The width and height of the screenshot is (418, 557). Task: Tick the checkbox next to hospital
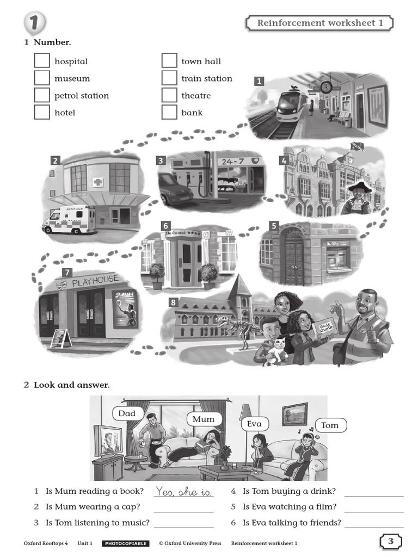(x=42, y=61)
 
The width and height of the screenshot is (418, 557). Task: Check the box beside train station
(x=169, y=78)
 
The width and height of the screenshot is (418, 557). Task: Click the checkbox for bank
(x=169, y=113)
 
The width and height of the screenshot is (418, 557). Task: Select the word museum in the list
(x=72, y=78)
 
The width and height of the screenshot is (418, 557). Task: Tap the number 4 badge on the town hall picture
(x=283, y=160)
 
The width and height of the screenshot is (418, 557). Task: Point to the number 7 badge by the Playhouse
(x=67, y=273)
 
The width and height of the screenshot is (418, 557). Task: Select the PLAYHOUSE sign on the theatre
(x=95, y=280)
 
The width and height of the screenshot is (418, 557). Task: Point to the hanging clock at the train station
(x=326, y=86)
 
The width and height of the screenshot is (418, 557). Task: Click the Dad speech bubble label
(x=127, y=413)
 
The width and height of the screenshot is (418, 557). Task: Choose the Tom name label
(x=330, y=425)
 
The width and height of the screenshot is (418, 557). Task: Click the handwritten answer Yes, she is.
(x=183, y=491)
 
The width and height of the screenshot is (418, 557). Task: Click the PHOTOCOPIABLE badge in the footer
(x=125, y=543)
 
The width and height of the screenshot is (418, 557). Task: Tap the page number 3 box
(x=390, y=541)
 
